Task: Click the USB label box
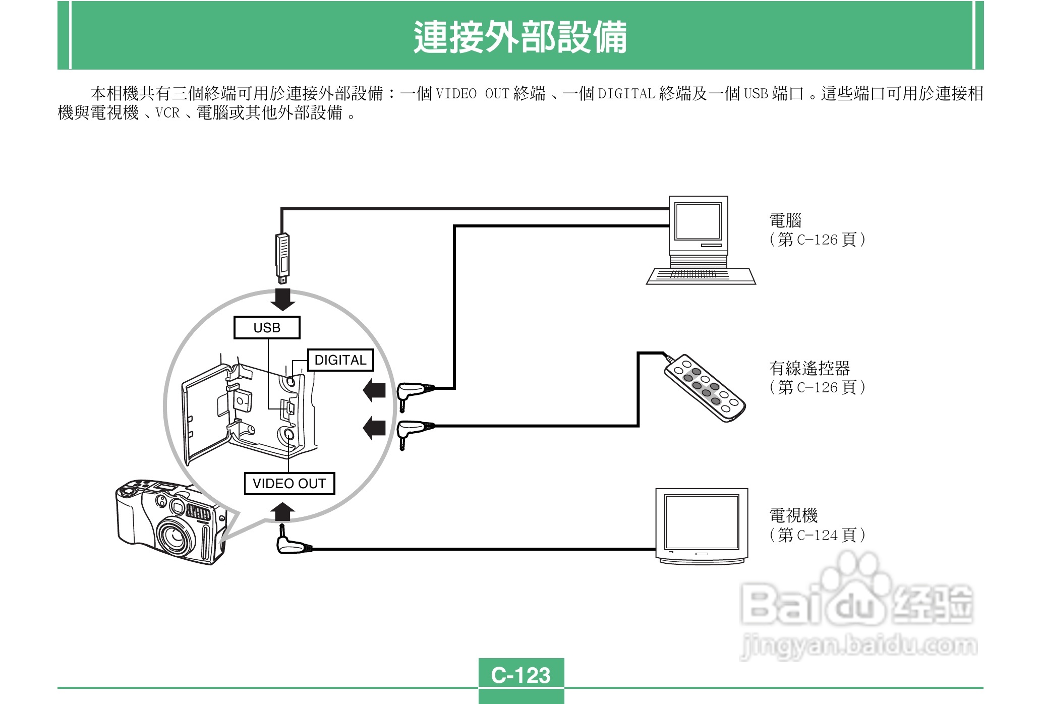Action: tap(267, 328)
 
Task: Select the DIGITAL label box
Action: tap(340, 360)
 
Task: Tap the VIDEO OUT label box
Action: tap(289, 484)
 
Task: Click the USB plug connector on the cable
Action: tap(282, 257)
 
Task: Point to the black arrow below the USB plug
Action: tap(282, 299)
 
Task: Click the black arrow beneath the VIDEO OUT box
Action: tap(282, 511)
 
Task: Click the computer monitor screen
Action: tap(698, 221)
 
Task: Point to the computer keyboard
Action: tap(701, 276)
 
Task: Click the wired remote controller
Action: tap(705, 387)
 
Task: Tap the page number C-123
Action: tap(520, 675)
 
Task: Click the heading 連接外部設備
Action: tap(520, 37)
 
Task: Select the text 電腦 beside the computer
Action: tap(785, 220)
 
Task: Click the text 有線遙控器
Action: tap(809, 368)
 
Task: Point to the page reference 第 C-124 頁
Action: tap(817, 535)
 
